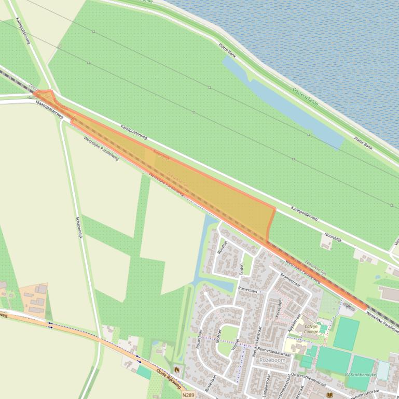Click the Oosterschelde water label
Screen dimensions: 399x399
pos(305,97)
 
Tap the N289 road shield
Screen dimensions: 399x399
pos(189,395)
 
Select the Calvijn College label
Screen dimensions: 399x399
pos(311,329)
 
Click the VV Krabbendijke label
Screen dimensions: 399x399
pos(360,374)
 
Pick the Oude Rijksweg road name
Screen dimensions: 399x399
pos(169,382)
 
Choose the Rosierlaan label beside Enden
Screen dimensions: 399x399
pos(248,291)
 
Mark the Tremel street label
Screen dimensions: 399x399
pos(236,345)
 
